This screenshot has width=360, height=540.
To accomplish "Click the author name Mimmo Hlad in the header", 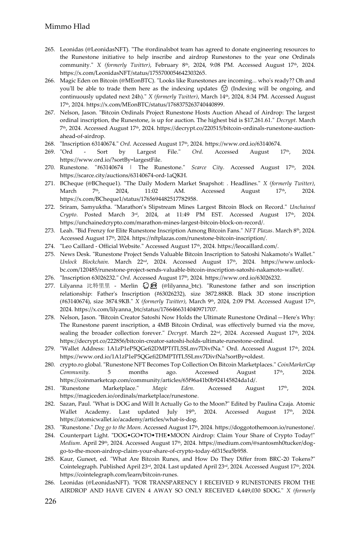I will (67, 27).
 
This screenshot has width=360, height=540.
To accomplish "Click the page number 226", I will (50, 501).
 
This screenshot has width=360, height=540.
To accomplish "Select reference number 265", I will (50, 50).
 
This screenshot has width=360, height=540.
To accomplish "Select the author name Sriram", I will (68, 207).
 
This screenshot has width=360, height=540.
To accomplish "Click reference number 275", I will (50, 254).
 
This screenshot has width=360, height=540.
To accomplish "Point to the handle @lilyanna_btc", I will (182, 286).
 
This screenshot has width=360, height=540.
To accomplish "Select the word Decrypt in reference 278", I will (177, 333).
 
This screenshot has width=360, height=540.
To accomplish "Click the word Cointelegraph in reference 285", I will (78, 467).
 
